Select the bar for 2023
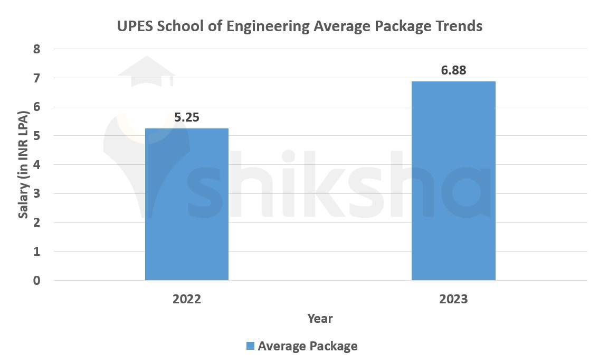[453, 181]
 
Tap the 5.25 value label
[187, 117]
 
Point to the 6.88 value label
[453, 70]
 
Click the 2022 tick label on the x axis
[187, 299]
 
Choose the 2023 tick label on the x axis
[453, 299]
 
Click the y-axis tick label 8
[37, 49]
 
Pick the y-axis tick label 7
[37, 78]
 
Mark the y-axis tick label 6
[37, 107]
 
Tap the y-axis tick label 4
[37, 165]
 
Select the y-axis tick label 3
[37, 193]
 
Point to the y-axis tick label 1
[37, 252]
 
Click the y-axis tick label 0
[37, 280]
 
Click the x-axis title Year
[320, 319]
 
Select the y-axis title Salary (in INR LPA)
[23, 165]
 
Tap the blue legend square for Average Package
[250, 346]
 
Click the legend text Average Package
[308, 346]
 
